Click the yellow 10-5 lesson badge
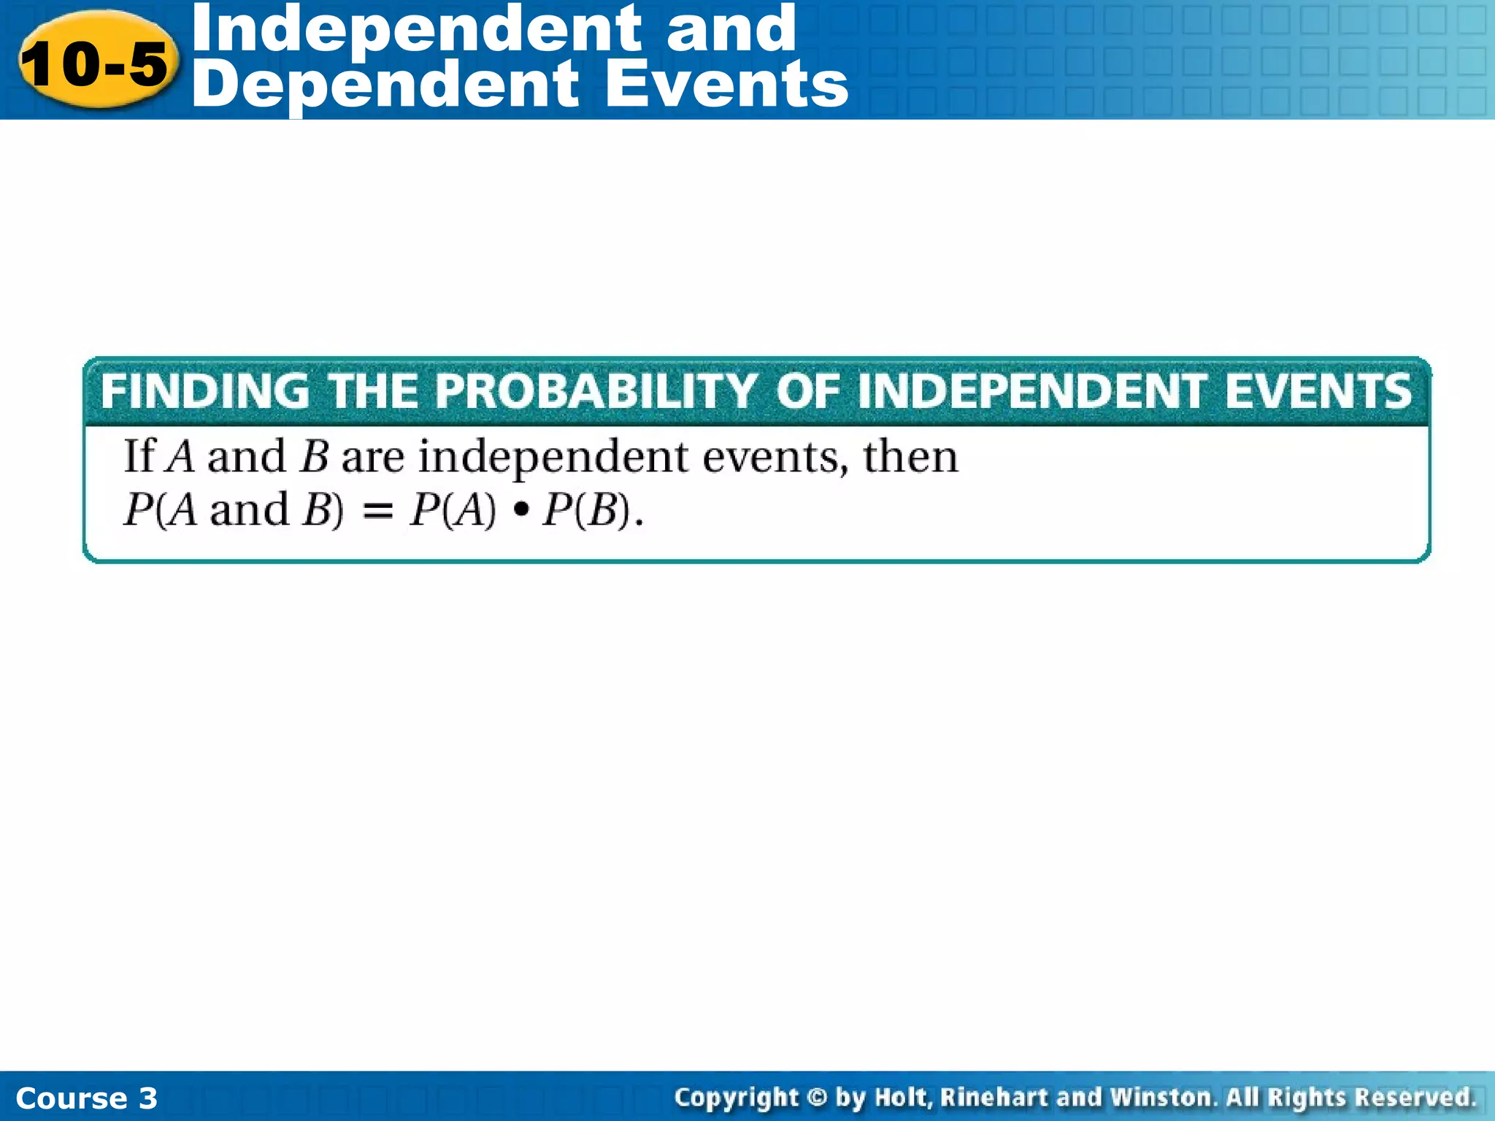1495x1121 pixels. tap(95, 63)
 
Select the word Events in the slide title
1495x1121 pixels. tap(726, 85)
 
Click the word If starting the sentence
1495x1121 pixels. tap(139, 457)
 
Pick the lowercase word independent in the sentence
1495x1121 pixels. tap(553, 458)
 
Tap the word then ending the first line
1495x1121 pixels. tap(910, 457)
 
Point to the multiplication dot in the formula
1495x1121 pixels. tap(520, 510)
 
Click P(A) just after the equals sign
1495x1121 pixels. tap(453, 510)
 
